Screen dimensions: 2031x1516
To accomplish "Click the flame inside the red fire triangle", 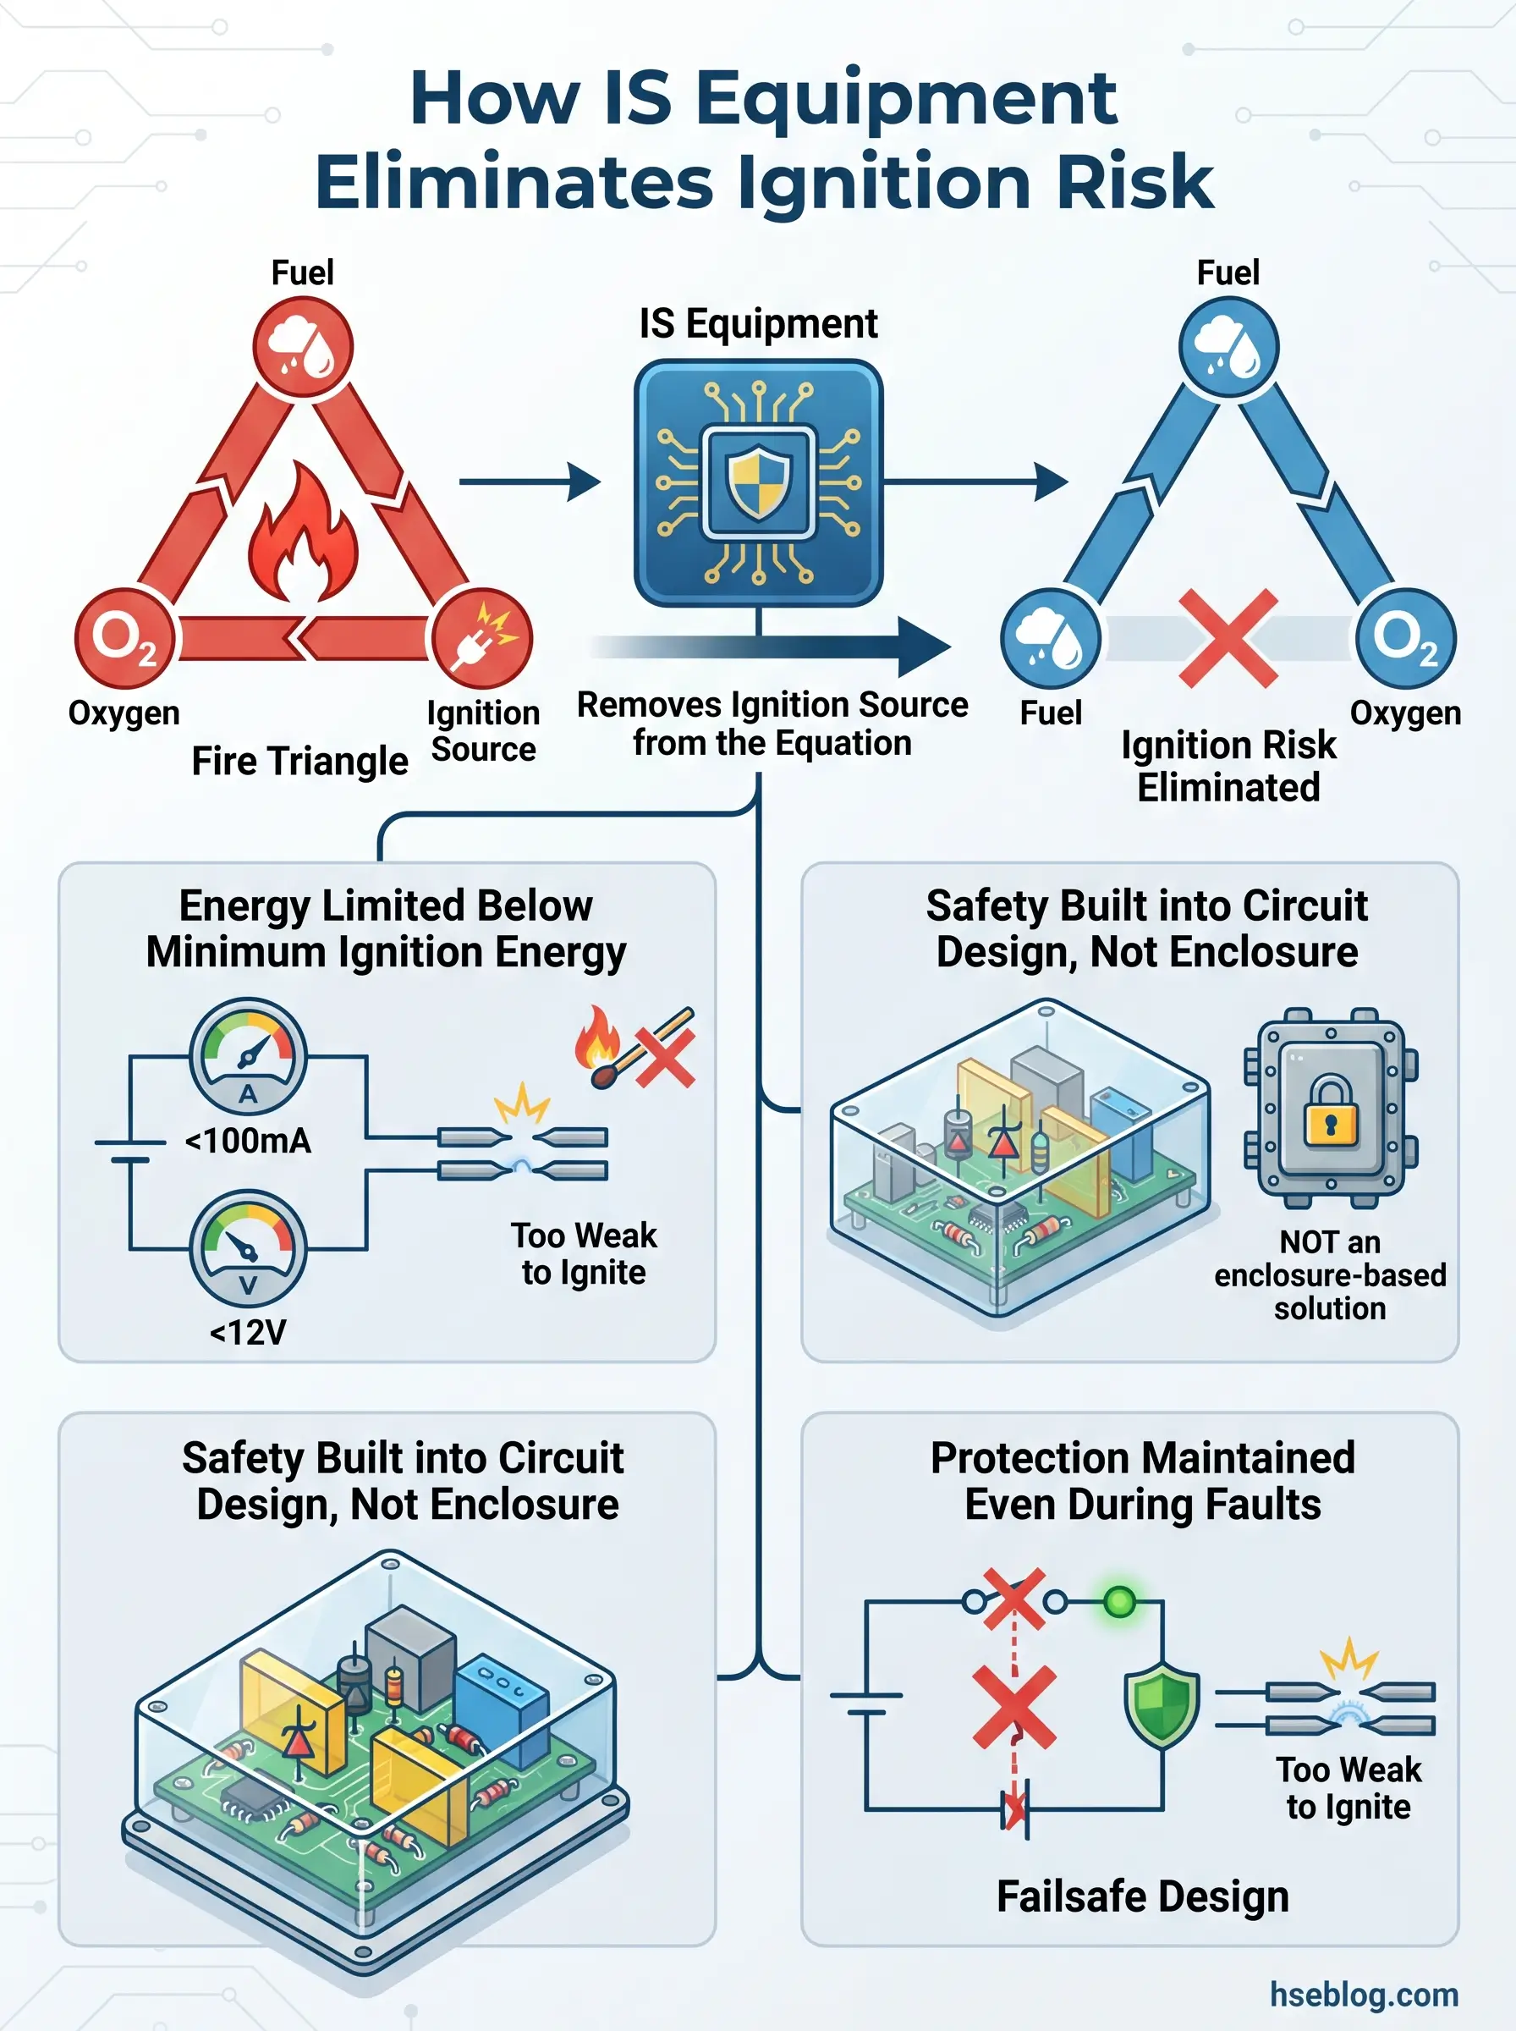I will tap(302, 537).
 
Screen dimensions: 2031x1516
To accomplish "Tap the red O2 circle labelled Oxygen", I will tap(124, 638).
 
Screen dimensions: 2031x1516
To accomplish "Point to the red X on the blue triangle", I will tap(1228, 638).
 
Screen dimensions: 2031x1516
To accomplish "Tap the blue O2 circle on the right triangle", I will tap(1405, 638).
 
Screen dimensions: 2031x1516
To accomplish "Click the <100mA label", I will tap(248, 1141).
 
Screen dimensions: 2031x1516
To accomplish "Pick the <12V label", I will tap(248, 1332).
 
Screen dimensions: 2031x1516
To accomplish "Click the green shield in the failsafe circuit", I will tap(1162, 1704).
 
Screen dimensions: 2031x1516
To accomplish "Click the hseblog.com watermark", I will tap(1364, 1995).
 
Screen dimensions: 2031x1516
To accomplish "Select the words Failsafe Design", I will tap(1143, 1896).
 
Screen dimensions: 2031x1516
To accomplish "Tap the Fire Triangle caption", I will tap(299, 761).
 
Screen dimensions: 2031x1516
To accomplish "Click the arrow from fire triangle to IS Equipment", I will tap(530, 482).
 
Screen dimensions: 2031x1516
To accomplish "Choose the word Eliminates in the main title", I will tap(514, 182).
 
